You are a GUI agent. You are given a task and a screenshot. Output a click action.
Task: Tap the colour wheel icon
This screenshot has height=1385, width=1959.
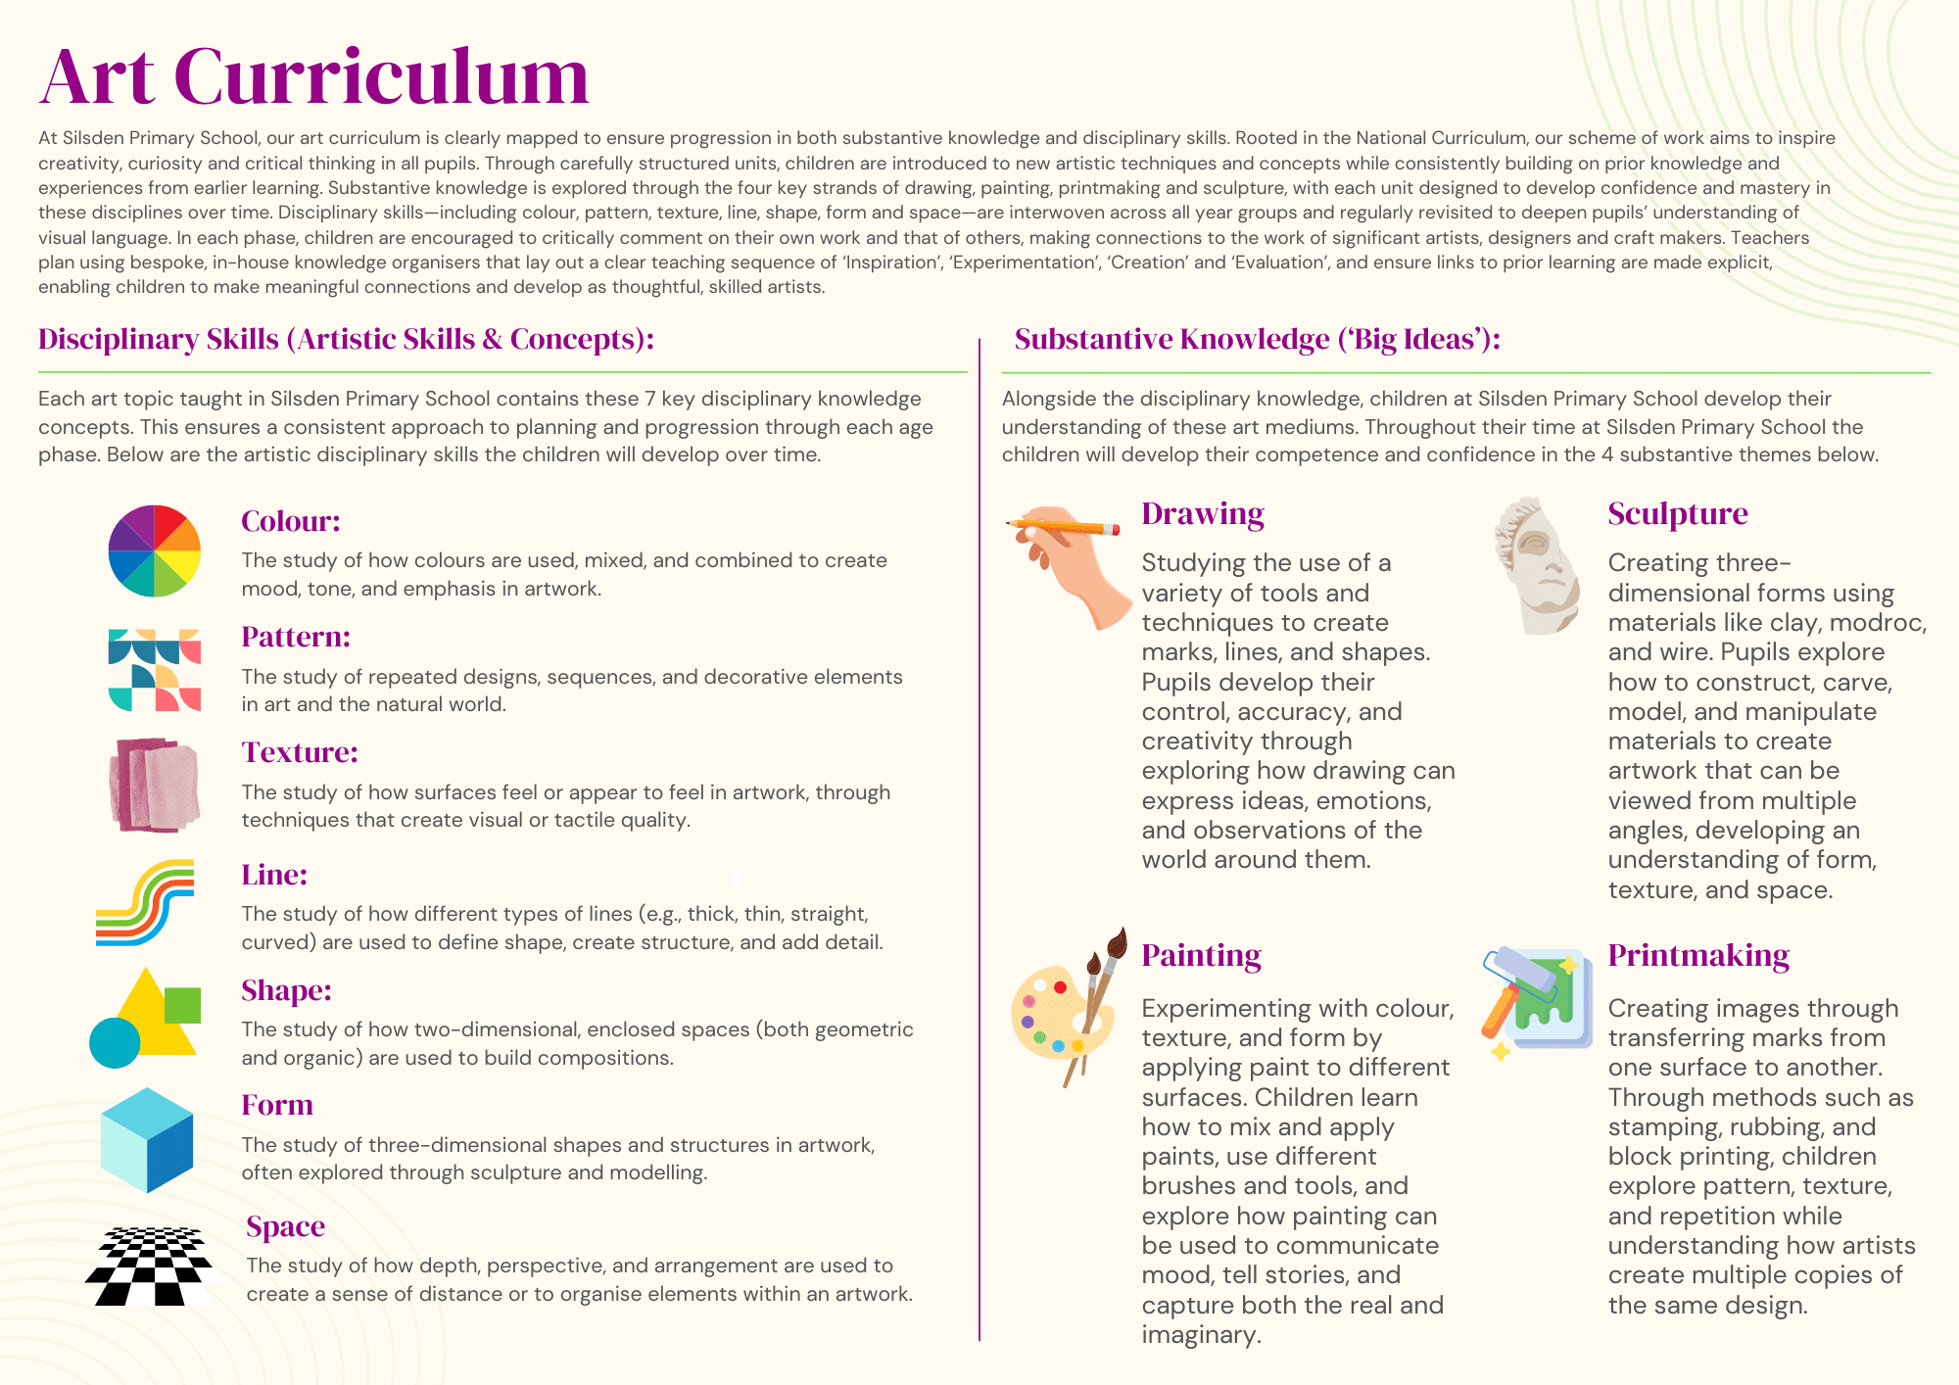click(154, 551)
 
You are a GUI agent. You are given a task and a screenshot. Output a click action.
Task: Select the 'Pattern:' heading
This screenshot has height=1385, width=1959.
click(296, 637)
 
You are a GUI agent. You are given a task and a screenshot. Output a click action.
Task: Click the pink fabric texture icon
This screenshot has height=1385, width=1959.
click(155, 785)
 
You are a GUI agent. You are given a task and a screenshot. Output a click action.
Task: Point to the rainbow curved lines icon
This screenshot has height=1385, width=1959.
click(145, 902)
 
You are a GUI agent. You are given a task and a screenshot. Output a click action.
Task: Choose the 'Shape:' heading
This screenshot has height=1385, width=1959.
click(286, 990)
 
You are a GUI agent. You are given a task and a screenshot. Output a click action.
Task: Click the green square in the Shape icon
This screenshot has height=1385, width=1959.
click(182, 1006)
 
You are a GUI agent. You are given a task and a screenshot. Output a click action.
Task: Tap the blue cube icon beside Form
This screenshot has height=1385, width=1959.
click(147, 1140)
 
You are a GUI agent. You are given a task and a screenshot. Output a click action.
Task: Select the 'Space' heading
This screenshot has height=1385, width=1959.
click(285, 1226)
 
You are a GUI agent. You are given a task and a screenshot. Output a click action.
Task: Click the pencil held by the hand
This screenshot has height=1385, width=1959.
click(1064, 527)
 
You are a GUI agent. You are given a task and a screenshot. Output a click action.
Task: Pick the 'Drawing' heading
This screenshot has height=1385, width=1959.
click(1203, 513)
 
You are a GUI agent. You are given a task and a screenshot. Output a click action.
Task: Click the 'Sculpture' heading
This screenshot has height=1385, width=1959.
click(1677, 513)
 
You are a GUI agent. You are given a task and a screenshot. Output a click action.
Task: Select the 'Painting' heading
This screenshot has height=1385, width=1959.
click(1201, 955)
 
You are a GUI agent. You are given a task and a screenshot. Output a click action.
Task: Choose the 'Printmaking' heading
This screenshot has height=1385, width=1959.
click(1698, 955)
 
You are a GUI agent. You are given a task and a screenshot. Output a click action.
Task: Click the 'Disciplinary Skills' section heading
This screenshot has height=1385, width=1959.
click(346, 339)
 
